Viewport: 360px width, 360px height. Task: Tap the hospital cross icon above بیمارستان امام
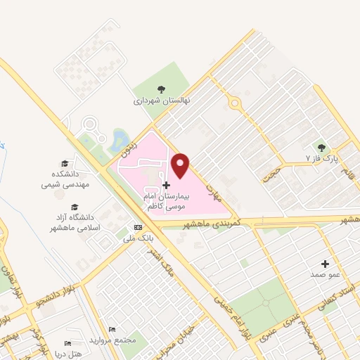click(x=166, y=185)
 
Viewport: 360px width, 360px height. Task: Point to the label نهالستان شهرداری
click(x=162, y=101)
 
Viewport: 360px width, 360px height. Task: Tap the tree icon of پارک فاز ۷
click(x=322, y=148)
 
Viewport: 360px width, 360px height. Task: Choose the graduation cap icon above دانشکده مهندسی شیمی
click(x=65, y=162)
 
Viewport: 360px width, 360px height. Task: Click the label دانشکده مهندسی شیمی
click(x=65, y=179)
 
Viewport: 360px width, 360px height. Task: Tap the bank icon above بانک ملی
click(x=138, y=227)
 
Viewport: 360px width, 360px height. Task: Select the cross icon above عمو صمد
click(x=325, y=263)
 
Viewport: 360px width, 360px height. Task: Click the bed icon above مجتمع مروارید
click(x=112, y=329)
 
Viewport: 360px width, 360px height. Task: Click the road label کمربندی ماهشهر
click(x=211, y=223)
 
